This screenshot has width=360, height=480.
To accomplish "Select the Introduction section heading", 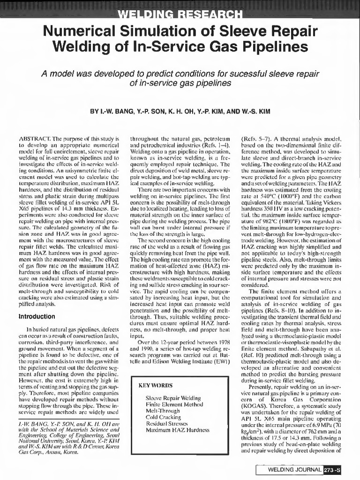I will [37, 316].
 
